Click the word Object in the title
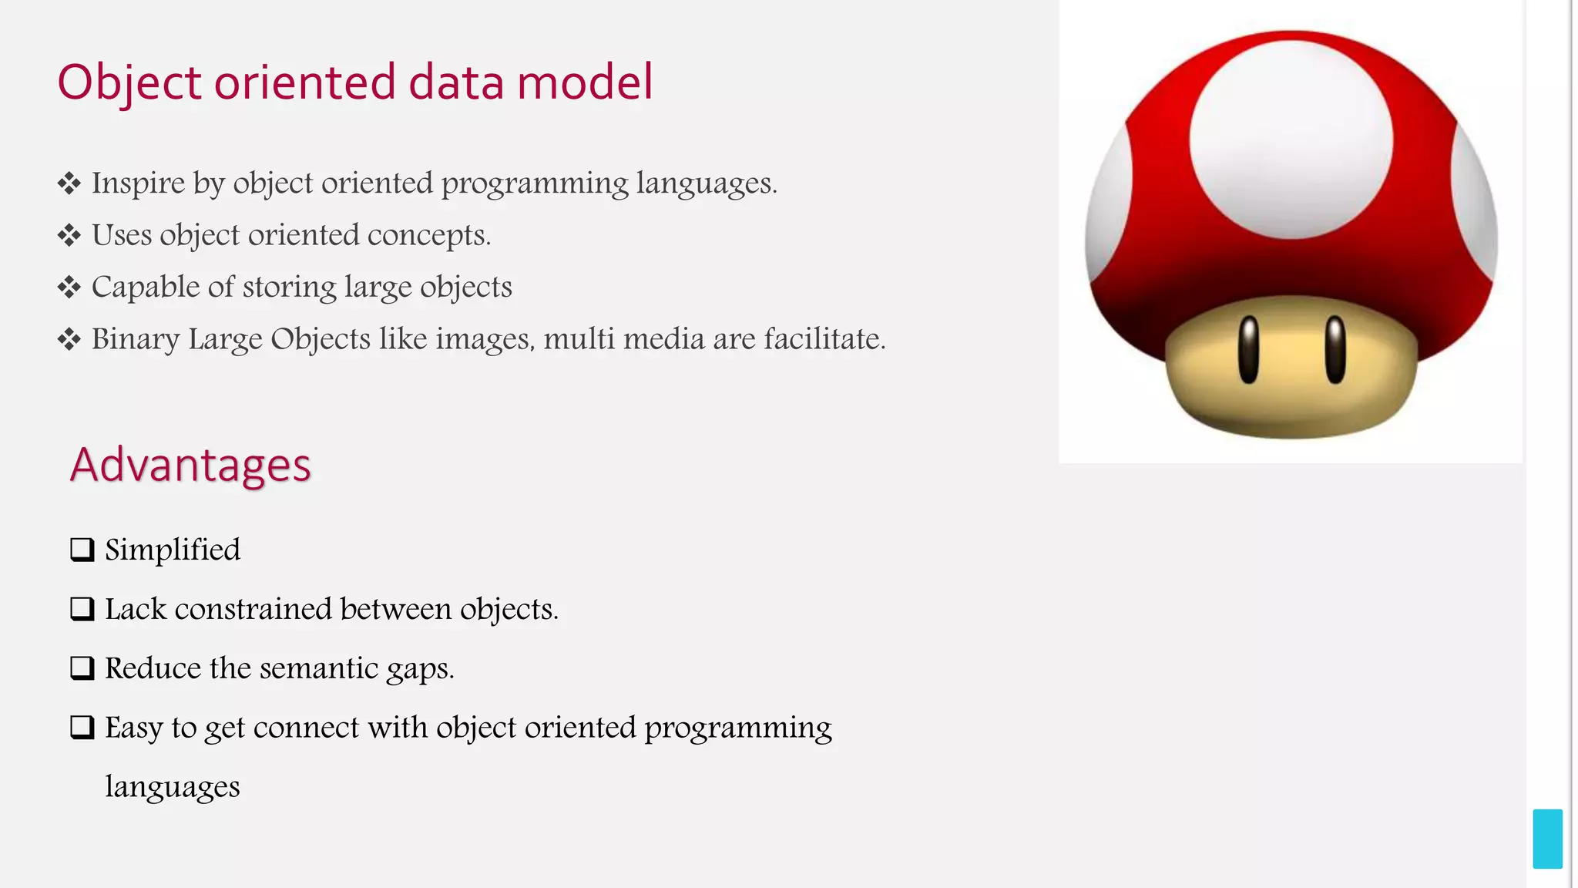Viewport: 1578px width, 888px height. pos(129,82)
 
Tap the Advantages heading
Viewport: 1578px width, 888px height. pos(190,465)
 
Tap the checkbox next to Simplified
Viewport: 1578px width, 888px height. pos(82,550)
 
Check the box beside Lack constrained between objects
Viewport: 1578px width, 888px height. pos(82,609)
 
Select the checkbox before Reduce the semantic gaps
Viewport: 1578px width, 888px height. pos(82,668)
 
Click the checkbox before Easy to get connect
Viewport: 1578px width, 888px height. pos(82,727)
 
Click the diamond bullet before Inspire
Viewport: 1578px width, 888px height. pos(69,183)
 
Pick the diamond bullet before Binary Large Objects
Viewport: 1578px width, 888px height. pos(69,339)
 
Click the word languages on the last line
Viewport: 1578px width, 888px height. pos(172,787)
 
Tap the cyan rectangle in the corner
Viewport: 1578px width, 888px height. pos(1547,839)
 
